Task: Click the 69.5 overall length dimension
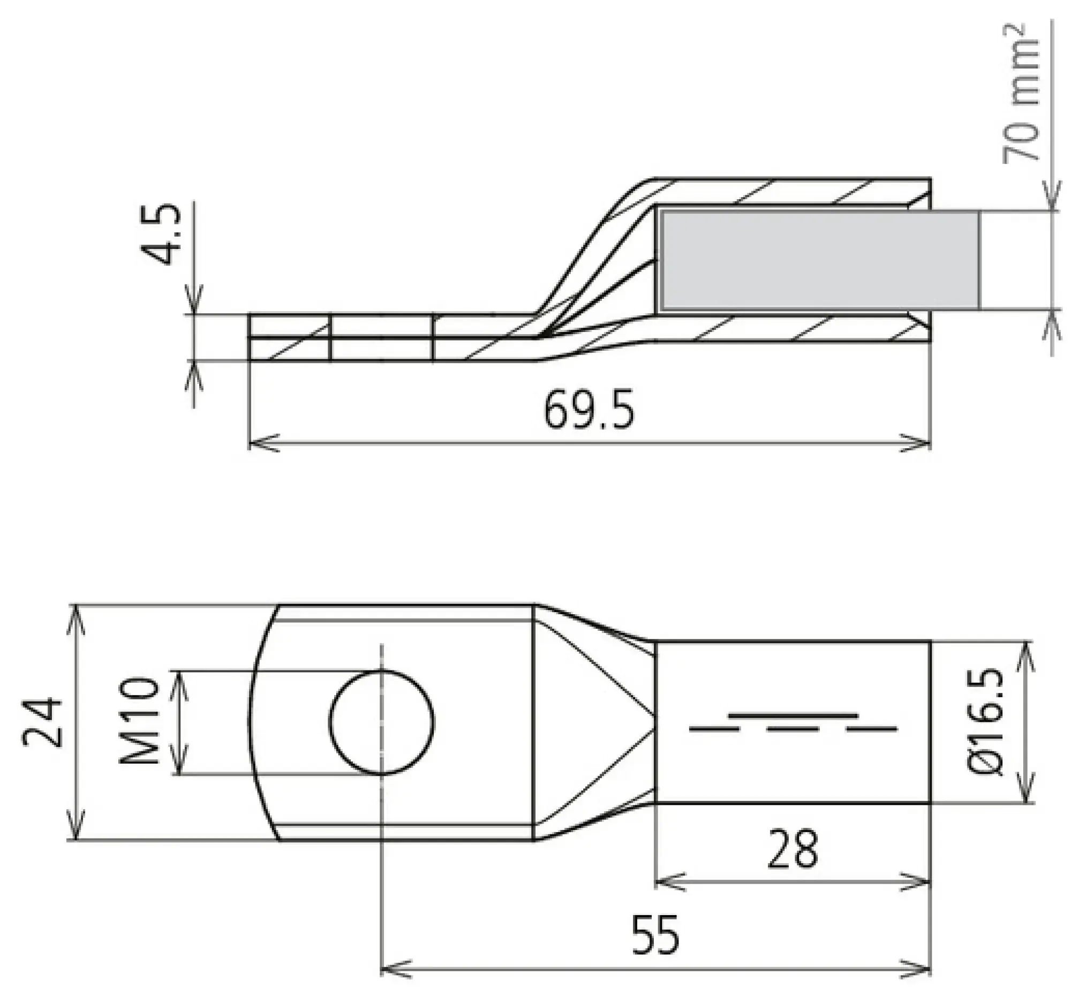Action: (589, 411)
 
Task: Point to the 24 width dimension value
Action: (43, 722)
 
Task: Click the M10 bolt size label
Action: (140, 722)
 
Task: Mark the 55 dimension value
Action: (655, 934)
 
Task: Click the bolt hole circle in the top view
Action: (381, 722)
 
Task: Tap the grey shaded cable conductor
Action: (819, 260)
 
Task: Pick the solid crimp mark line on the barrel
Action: (792, 716)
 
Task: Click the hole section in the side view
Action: (381, 337)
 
